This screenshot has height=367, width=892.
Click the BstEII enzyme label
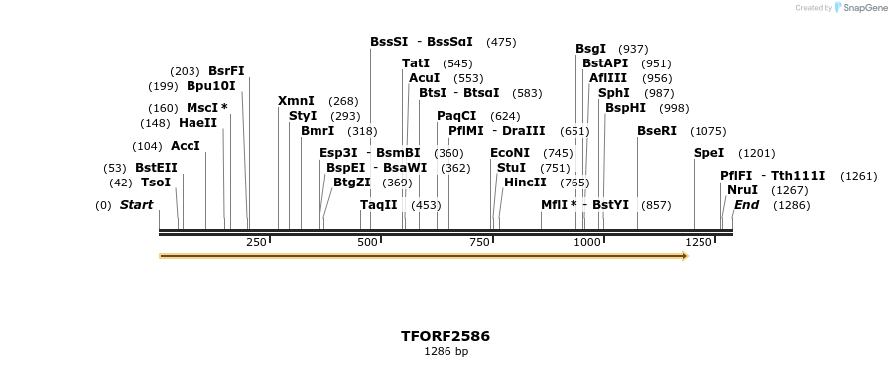coord(156,168)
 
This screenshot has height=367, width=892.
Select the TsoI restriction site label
coord(156,183)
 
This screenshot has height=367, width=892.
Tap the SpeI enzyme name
coord(708,153)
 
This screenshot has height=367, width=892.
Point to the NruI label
coord(742,190)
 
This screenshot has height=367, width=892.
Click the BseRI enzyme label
coord(657,131)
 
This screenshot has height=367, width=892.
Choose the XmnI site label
coord(296,101)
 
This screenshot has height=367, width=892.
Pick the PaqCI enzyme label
coord(456,116)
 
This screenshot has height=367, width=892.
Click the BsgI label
coord(590,49)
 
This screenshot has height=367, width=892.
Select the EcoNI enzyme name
coord(510,153)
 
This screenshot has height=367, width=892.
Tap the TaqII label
coord(378,205)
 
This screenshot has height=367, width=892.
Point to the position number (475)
coord(501,42)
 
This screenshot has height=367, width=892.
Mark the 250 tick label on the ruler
coord(256,242)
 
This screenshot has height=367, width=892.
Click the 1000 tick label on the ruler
coord(587,242)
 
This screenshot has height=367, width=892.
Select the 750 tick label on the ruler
coord(480,242)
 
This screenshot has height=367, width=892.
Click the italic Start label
coord(136,205)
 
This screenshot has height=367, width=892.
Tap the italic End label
coord(746,205)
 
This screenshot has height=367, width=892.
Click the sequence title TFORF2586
coord(446,336)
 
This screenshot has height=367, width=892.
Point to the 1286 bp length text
coord(446,351)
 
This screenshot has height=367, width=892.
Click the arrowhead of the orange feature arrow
coord(684,256)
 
